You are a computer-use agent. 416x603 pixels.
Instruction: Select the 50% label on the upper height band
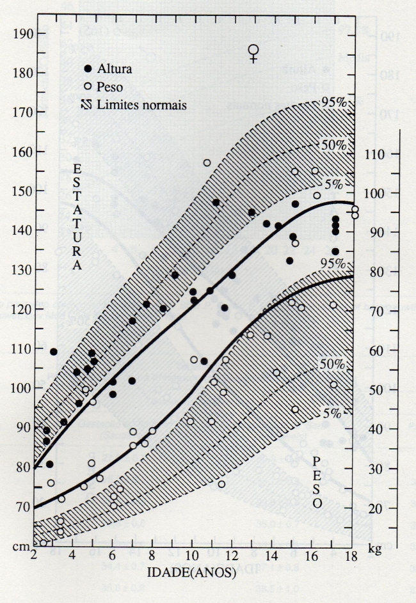point(333,145)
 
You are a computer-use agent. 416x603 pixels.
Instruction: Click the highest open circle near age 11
point(207,163)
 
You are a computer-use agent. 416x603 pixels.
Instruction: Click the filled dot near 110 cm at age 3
point(54,352)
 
